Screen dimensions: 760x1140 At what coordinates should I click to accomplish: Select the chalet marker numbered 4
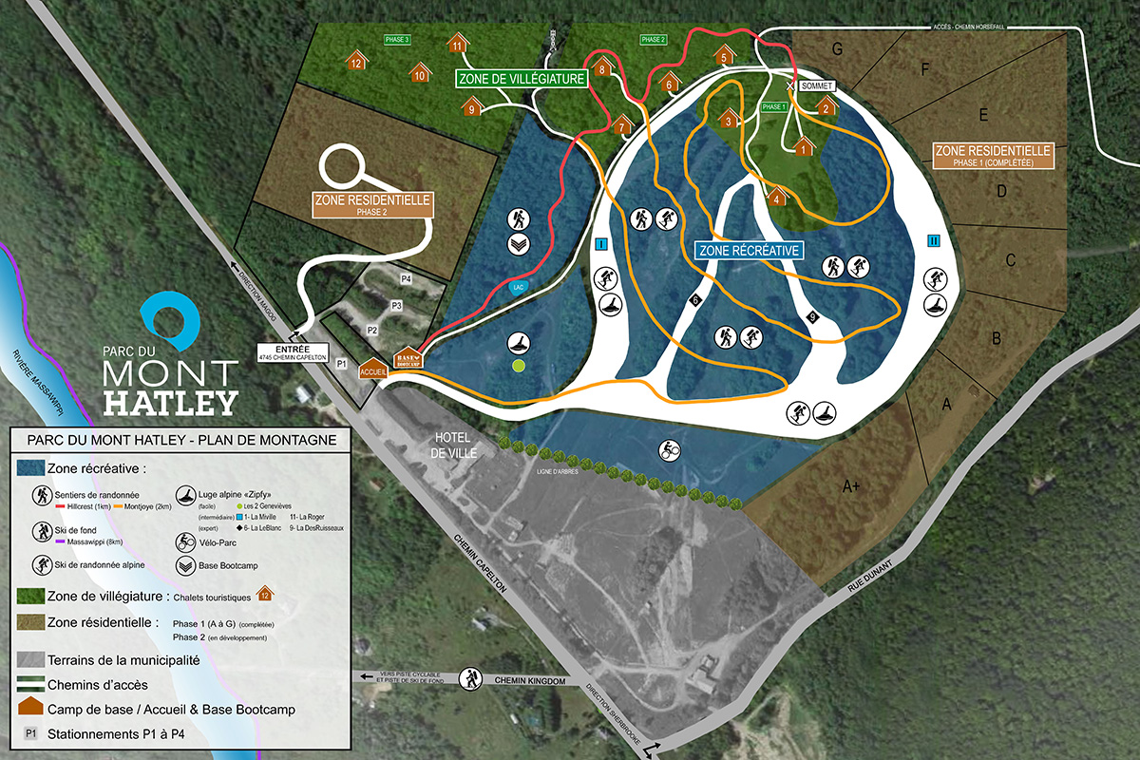pos(777,197)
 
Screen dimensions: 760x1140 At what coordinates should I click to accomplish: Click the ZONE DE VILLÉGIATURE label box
pos(521,79)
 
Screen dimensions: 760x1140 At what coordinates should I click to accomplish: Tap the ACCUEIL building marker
pos(371,371)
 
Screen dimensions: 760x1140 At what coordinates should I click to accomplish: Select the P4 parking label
pos(406,279)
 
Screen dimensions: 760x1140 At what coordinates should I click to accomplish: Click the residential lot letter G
pos(837,48)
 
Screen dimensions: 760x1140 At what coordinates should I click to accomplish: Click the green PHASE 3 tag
pos(396,40)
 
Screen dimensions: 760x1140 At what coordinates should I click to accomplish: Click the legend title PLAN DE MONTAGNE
pos(180,440)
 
